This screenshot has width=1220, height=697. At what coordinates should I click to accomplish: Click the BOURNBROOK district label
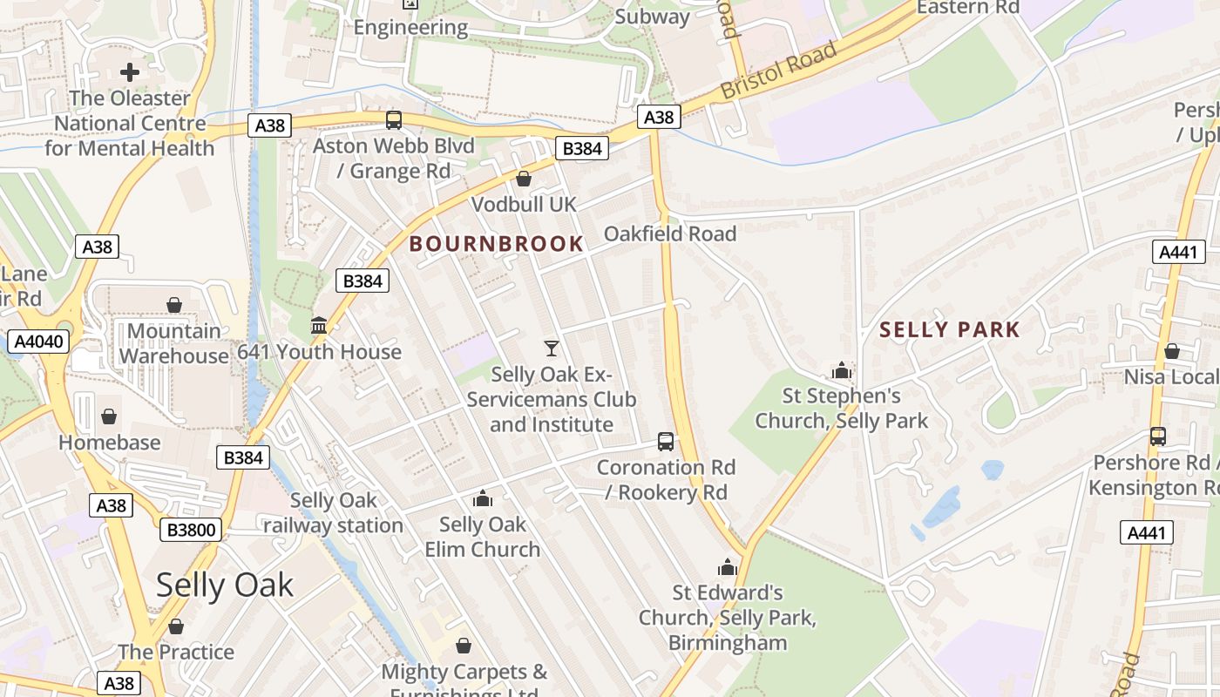(496, 244)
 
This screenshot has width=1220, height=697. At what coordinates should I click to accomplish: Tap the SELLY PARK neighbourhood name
(949, 329)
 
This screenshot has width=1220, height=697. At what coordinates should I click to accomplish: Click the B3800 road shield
(191, 529)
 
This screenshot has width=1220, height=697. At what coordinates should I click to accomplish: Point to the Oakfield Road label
(669, 233)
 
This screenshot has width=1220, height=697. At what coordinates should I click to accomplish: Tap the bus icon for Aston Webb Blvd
(394, 120)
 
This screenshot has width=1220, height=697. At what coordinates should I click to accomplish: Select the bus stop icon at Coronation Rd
(666, 442)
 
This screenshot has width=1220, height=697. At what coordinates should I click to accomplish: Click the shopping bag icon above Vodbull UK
(524, 179)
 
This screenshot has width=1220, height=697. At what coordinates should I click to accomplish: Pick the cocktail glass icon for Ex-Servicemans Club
(552, 348)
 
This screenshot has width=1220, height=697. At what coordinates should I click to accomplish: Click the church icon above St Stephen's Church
(841, 370)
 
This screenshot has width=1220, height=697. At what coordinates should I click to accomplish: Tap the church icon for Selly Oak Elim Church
(482, 499)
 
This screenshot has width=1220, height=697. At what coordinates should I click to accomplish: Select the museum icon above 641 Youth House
(319, 326)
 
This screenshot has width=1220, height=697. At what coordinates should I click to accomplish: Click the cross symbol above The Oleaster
(130, 72)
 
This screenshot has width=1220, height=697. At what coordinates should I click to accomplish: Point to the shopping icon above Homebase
(109, 416)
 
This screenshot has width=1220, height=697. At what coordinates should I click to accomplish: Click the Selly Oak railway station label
(333, 513)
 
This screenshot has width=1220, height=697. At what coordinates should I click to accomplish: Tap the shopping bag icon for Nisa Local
(1172, 351)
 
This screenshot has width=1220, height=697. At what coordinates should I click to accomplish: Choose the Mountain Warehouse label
(173, 343)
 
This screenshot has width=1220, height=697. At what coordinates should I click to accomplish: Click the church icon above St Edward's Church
(728, 568)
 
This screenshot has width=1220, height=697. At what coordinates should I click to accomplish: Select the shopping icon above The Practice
(176, 626)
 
